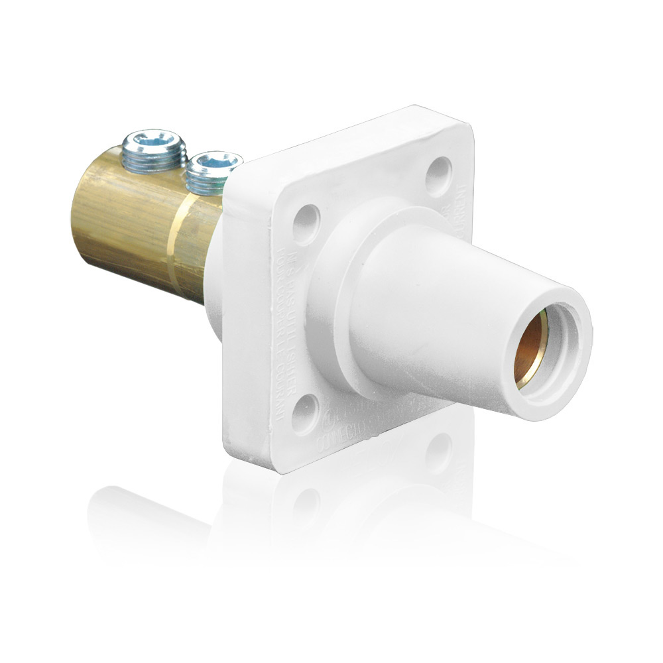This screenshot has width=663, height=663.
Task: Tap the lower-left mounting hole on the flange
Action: click(x=306, y=412)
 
